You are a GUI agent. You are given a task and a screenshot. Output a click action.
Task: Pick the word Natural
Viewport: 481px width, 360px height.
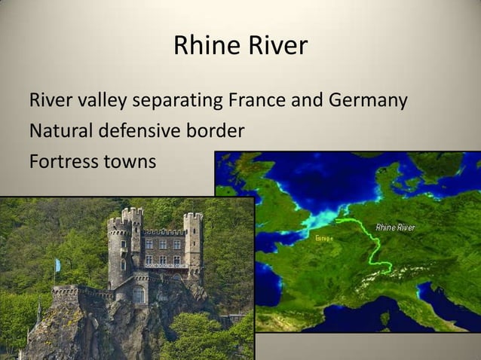[x=60, y=131]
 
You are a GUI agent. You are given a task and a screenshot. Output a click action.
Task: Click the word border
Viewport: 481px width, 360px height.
[x=215, y=131]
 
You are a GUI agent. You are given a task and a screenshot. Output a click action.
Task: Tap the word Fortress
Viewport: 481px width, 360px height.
[x=60, y=161]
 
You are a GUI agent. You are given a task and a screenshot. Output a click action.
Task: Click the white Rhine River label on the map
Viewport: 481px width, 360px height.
[x=395, y=227]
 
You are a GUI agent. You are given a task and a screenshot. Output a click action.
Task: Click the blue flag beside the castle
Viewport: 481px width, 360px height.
[x=57, y=266]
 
